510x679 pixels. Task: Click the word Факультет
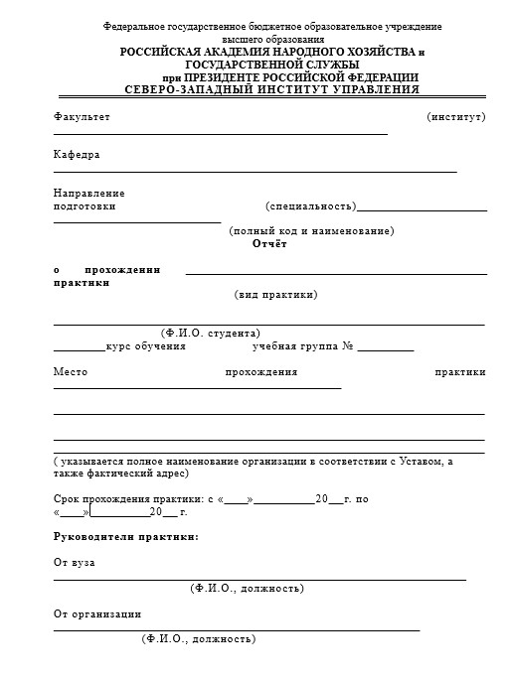click(x=82, y=117)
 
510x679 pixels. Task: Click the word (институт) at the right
click(x=455, y=117)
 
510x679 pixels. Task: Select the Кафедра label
click(x=77, y=155)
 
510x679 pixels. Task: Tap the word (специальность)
click(x=310, y=206)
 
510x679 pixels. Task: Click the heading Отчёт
click(x=269, y=243)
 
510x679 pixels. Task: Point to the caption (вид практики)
click(x=276, y=295)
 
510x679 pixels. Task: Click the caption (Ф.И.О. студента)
click(x=211, y=333)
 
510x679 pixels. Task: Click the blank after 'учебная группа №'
click(x=385, y=346)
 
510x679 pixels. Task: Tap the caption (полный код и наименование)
click(x=311, y=231)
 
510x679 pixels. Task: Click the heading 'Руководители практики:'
click(x=125, y=537)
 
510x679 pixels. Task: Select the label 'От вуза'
click(x=75, y=563)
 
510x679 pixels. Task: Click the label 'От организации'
click(x=97, y=614)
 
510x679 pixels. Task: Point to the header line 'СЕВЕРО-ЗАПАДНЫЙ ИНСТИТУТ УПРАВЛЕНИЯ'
click(x=272, y=89)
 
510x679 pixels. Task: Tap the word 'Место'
click(x=71, y=372)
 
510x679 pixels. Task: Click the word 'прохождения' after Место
click(x=261, y=372)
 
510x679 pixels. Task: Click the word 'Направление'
click(x=88, y=193)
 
